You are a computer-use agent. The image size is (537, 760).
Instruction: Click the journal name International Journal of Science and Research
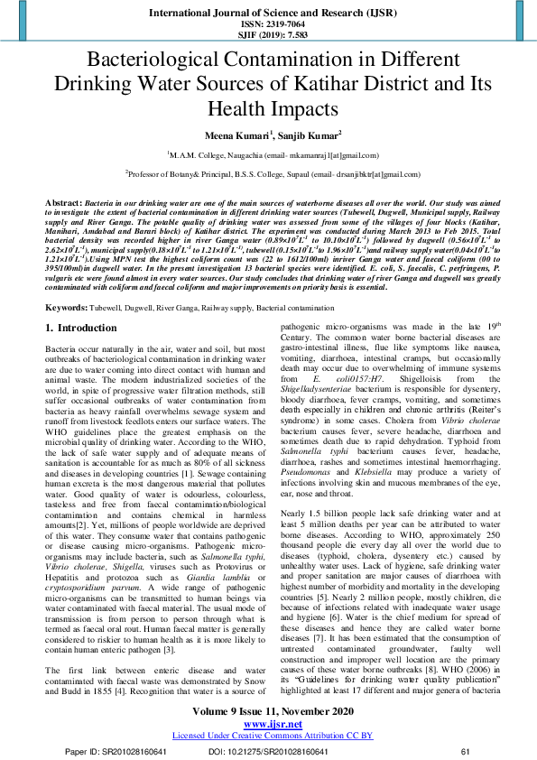268,14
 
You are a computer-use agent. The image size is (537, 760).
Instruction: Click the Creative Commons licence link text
268,735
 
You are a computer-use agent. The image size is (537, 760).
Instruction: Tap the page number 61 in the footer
466,751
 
